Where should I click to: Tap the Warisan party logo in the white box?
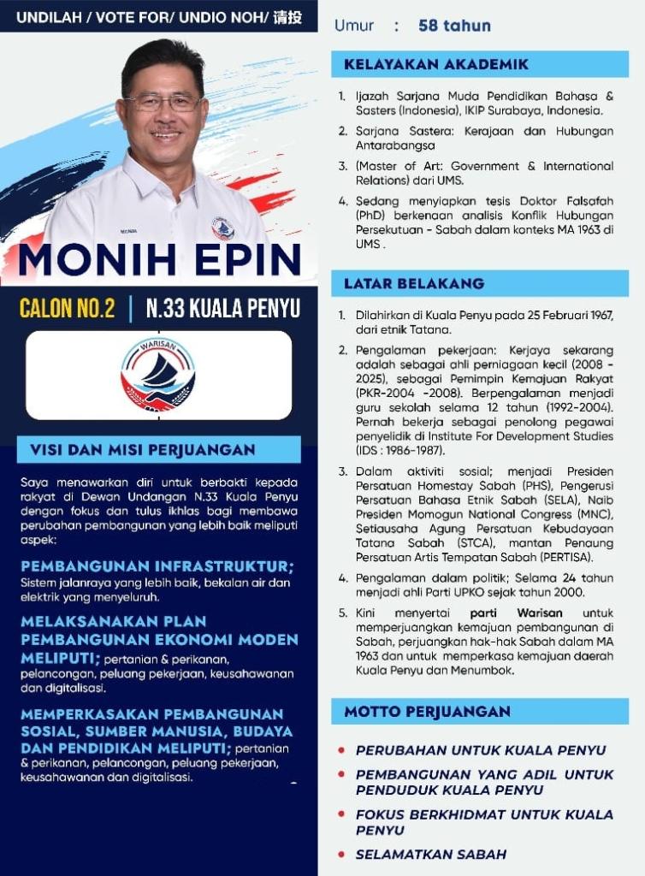(x=158, y=375)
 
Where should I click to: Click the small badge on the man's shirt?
(x=222, y=228)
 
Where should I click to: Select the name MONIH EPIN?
(x=159, y=261)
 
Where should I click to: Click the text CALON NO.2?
(x=67, y=309)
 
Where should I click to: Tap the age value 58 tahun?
(x=454, y=26)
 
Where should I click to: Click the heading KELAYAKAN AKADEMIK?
(x=436, y=64)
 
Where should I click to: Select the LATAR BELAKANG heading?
(x=414, y=283)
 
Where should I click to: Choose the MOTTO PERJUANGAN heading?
(x=427, y=712)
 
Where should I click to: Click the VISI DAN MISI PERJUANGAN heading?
(x=143, y=450)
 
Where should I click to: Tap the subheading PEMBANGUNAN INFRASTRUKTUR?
(x=157, y=566)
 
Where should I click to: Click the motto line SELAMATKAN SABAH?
(x=431, y=854)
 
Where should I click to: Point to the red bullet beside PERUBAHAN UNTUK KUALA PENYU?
(x=341, y=750)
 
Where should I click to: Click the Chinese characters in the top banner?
(x=287, y=16)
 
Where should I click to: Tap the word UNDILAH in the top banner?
(x=48, y=16)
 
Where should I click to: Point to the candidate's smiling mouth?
(x=165, y=134)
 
